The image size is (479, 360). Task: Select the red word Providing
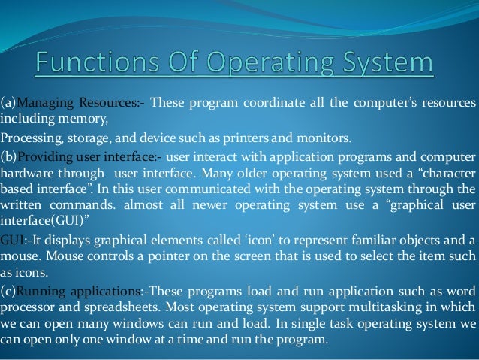pos(44,157)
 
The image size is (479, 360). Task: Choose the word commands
pos(89,205)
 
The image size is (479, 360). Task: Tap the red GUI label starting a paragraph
pos(11,240)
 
